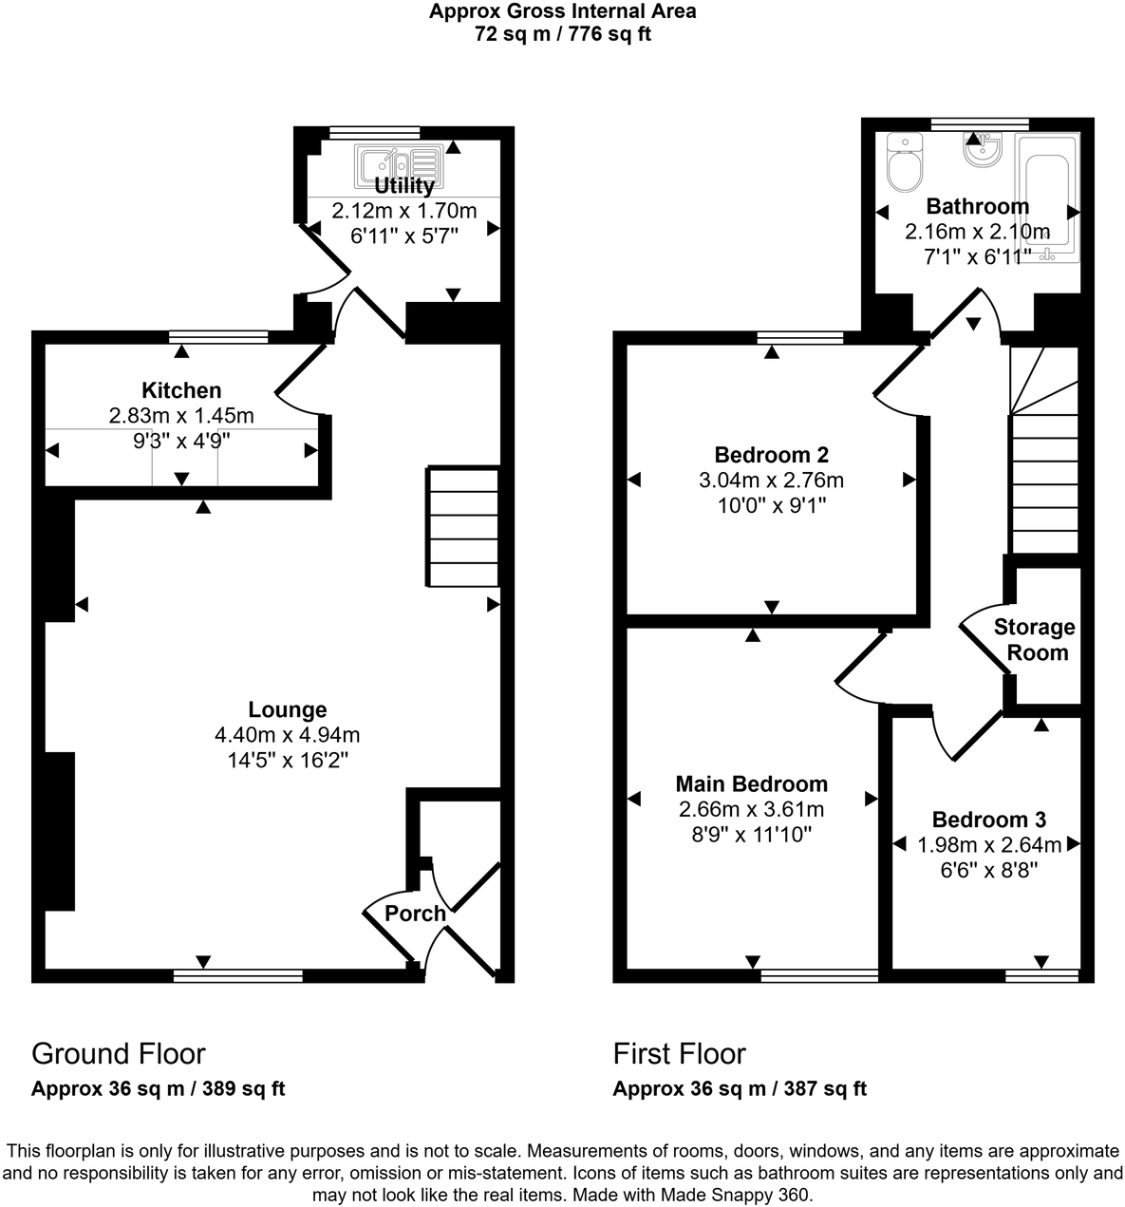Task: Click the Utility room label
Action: tap(404, 185)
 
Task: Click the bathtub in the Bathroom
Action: tap(1047, 196)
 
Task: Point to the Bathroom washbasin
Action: tap(979, 148)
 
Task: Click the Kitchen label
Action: tap(181, 390)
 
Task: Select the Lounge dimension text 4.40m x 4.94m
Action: tap(288, 734)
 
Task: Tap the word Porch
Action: tap(415, 914)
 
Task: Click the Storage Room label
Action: tap(1035, 640)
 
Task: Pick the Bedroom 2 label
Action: tap(772, 454)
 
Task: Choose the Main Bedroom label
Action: tap(751, 783)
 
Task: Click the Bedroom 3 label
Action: tap(988, 820)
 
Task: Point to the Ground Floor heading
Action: tap(119, 1053)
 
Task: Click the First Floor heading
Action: tap(680, 1053)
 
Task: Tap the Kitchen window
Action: tap(218, 335)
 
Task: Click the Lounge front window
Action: tap(238, 974)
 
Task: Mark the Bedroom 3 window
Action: tap(1042, 974)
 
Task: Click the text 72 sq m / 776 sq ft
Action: tap(562, 35)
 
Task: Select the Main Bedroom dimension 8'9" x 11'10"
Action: tap(751, 835)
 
